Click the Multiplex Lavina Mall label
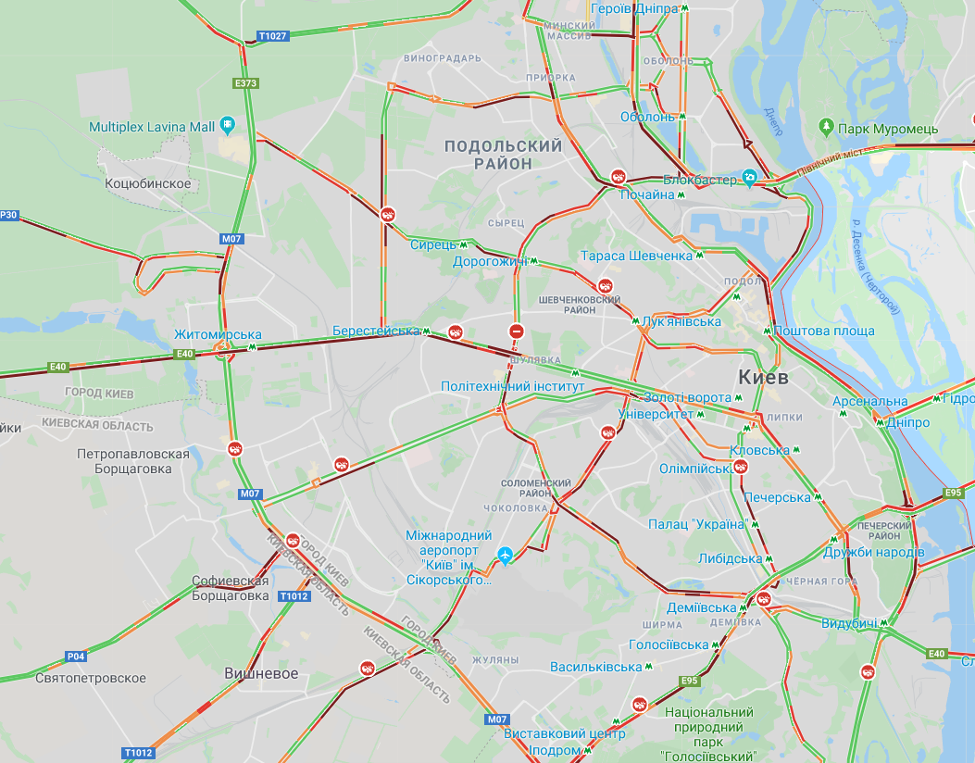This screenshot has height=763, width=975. (152, 126)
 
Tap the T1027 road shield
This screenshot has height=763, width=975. (273, 36)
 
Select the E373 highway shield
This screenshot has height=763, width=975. (245, 83)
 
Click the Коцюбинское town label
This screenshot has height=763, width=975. (148, 183)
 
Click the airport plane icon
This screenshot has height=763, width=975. (505, 556)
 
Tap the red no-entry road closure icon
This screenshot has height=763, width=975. (517, 331)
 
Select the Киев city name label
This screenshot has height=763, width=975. (764, 378)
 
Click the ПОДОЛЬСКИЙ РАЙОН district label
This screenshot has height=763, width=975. (503, 155)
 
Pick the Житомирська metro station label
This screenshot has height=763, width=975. (218, 334)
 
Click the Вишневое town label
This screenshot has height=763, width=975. (261, 674)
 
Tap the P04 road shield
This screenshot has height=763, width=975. (76, 657)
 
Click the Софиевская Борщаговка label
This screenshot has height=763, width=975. (230, 589)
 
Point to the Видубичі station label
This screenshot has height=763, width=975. (848, 623)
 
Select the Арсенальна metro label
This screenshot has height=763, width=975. (870, 401)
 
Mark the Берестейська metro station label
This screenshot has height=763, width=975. (376, 331)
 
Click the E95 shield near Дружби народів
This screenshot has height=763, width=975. (952, 493)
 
